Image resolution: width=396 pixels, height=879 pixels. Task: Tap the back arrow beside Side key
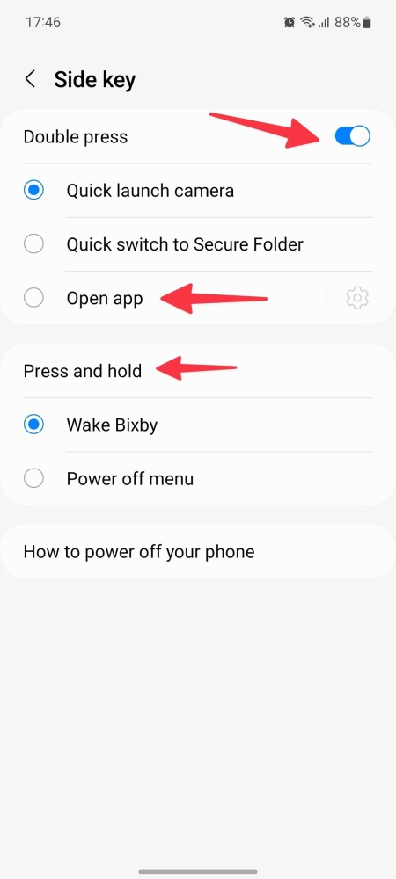coord(30,79)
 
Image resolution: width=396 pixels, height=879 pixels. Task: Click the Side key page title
coord(94,79)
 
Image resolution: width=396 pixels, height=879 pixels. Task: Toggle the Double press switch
coord(352,136)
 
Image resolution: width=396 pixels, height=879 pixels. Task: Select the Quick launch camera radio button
coord(33,190)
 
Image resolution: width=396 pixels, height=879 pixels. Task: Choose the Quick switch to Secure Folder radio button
coord(33,244)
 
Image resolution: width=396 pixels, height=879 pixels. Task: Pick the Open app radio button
coord(33,298)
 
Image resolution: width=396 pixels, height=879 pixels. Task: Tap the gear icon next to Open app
coord(356,298)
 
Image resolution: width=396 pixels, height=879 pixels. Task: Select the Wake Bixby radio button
coord(33,425)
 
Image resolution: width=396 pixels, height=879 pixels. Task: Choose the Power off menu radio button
coord(33,479)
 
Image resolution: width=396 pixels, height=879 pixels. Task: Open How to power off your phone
coord(138,552)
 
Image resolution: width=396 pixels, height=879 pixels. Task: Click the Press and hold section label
coord(82,371)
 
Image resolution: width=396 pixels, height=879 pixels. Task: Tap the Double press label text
coord(75,137)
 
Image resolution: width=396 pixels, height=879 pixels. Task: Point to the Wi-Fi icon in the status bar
coord(308,22)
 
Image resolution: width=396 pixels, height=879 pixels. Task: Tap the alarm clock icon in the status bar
coord(290,22)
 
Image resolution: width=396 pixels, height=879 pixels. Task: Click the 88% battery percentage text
coord(347,22)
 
